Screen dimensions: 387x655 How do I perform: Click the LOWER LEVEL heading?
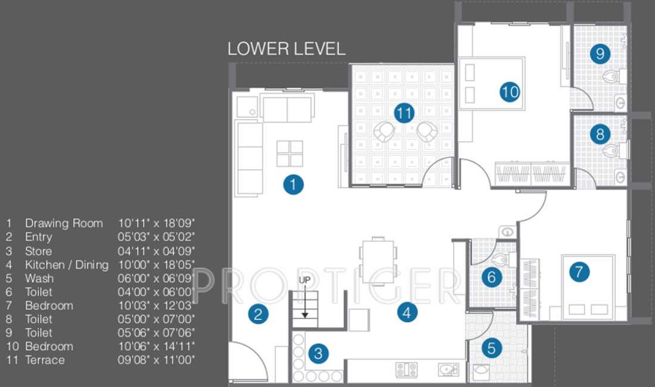[286, 49]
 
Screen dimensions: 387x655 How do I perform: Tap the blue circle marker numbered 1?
[293, 185]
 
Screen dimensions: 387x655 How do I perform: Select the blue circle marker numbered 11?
[404, 113]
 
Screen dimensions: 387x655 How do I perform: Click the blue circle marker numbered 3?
[318, 354]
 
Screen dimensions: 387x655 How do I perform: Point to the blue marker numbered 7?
[579, 272]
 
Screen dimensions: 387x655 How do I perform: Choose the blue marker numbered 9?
[600, 54]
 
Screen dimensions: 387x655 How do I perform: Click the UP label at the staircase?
[304, 279]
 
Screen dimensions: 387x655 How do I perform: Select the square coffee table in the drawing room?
[290, 154]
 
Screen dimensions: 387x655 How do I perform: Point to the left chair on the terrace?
[383, 132]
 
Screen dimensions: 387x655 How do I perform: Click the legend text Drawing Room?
[64, 223]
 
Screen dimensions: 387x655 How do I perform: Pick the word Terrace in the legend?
[45, 360]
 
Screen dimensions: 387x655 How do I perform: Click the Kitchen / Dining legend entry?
[67, 264]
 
